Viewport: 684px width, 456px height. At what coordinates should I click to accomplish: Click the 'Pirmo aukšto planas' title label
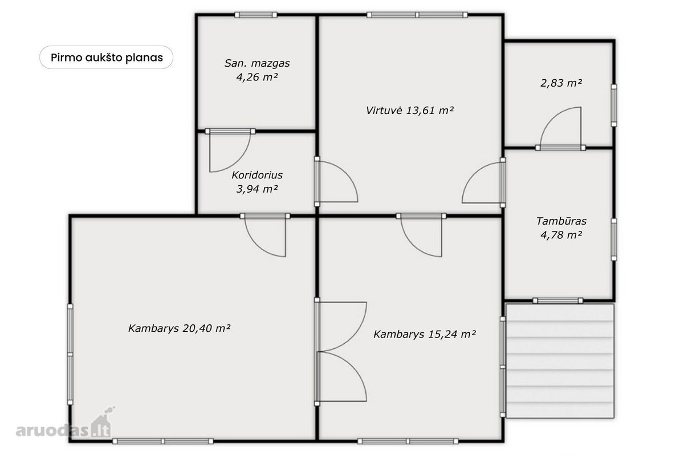[x=107, y=58]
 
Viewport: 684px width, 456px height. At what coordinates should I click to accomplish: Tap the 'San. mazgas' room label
[x=257, y=63]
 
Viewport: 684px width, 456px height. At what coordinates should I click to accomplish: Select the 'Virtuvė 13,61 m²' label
[x=409, y=110]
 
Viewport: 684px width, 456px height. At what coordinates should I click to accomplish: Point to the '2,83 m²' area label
[x=561, y=83]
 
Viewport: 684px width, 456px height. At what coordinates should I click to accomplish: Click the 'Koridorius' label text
[x=257, y=175]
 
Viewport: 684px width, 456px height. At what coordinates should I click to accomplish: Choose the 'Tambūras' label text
[x=561, y=221]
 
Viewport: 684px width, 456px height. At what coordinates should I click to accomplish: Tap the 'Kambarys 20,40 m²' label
[x=179, y=328]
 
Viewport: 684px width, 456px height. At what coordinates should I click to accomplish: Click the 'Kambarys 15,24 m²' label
[x=425, y=334]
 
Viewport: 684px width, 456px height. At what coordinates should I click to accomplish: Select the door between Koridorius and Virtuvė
[x=336, y=181]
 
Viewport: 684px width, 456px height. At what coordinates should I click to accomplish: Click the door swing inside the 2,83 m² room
[x=561, y=129]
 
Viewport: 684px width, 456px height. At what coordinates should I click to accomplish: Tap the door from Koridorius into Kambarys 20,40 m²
[x=265, y=235]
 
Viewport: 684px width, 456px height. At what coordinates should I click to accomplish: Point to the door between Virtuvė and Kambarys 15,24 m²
[x=421, y=235]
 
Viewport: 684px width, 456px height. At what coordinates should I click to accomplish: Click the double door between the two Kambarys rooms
[x=341, y=352]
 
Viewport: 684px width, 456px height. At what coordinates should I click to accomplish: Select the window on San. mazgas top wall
[x=256, y=15]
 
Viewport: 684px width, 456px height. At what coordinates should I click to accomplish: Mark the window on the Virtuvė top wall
[x=417, y=15]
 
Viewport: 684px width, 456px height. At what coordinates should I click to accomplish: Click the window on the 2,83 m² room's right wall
[x=614, y=105]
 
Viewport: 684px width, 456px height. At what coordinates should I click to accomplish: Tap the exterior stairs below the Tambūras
[x=560, y=361]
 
